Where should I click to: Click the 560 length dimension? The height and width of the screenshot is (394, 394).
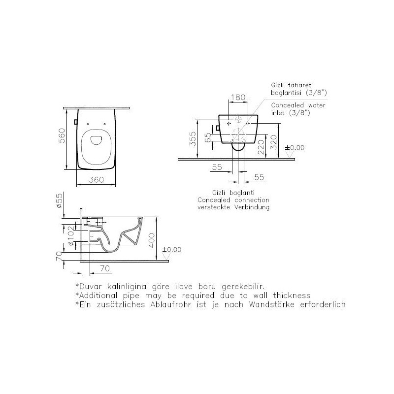62,136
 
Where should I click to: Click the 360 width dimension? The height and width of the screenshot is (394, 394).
96,180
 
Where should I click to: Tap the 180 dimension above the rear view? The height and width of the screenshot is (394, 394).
238,97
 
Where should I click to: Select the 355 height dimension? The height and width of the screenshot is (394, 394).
193,139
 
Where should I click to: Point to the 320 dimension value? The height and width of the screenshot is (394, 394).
274,142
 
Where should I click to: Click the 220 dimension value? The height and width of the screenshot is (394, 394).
262,147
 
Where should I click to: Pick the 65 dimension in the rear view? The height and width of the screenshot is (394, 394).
208,138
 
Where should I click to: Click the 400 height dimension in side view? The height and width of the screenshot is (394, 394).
152,240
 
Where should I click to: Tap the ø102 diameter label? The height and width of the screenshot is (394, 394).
71,236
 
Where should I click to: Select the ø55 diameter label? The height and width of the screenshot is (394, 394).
59,200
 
